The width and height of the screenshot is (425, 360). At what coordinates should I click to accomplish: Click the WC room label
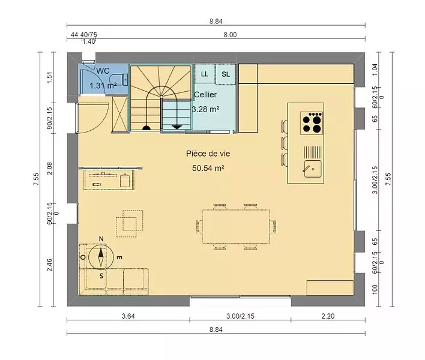pyautogui.click(x=103, y=71)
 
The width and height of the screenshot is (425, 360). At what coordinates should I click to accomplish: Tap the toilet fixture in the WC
pyautogui.click(x=119, y=79)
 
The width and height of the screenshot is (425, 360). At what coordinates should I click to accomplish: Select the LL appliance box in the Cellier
pyautogui.click(x=205, y=74)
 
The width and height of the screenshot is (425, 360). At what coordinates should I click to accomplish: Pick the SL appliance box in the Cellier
pyautogui.click(x=226, y=74)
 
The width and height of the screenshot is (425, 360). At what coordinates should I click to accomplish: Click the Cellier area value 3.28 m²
pyautogui.click(x=206, y=109)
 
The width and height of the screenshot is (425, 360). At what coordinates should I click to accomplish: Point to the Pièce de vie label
pyautogui.click(x=208, y=154)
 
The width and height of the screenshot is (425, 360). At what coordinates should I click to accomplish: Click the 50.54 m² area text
pyautogui.click(x=208, y=168)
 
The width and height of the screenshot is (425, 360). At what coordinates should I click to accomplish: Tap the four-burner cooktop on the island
pyautogui.click(x=312, y=123)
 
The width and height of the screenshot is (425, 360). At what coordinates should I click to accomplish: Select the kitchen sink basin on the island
pyautogui.click(x=313, y=169)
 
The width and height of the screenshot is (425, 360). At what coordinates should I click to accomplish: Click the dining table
pyautogui.click(x=236, y=226)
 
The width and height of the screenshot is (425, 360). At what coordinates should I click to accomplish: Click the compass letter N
pyautogui.click(x=101, y=239)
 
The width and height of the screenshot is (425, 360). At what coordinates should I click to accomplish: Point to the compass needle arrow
pyautogui.click(x=101, y=257)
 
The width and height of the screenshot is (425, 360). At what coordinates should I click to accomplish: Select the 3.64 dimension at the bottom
pyautogui.click(x=128, y=316)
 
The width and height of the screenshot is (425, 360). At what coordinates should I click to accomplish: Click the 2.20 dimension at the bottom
pyautogui.click(x=328, y=316)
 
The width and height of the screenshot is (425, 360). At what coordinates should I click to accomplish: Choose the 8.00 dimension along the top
pyautogui.click(x=230, y=35)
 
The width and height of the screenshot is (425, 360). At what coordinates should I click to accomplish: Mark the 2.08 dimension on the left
pyautogui.click(x=49, y=168)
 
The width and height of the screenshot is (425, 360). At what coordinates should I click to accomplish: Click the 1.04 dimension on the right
pyautogui.click(x=375, y=70)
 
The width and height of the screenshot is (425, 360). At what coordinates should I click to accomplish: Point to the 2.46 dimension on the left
pyautogui.click(x=49, y=265)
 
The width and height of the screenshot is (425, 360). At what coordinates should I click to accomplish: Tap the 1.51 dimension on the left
pyautogui.click(x=49, y=77)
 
